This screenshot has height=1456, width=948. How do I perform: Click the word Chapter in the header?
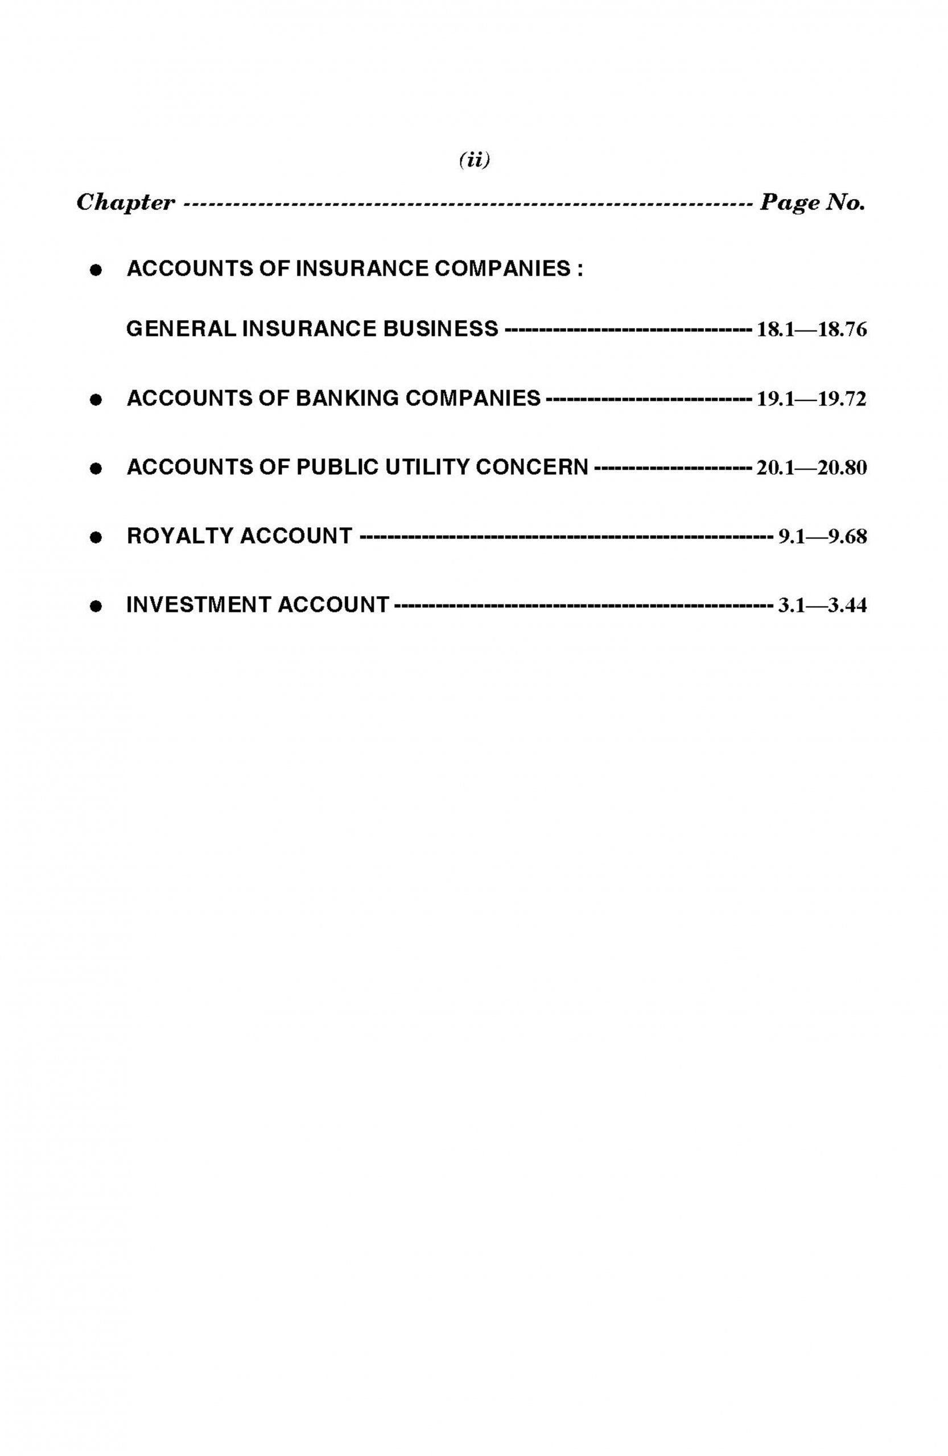125,202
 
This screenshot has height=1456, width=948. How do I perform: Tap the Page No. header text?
812,202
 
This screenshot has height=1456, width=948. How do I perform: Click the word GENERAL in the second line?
181,329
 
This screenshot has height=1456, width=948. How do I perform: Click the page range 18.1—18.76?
811,330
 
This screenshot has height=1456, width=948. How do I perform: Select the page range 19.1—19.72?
811,399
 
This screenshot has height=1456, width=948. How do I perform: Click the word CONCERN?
531,468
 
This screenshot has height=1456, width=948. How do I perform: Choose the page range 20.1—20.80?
811,469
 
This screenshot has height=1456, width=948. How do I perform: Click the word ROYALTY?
179,536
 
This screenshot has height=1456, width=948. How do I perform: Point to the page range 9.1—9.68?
822,537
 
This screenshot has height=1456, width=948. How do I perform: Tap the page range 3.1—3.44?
822,606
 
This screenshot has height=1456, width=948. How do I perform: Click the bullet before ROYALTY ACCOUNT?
95,537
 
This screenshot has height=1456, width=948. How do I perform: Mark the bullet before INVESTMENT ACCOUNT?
95,607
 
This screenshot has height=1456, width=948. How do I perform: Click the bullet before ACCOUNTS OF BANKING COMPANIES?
95,400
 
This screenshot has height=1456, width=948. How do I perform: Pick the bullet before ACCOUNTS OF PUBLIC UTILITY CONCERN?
95,469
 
